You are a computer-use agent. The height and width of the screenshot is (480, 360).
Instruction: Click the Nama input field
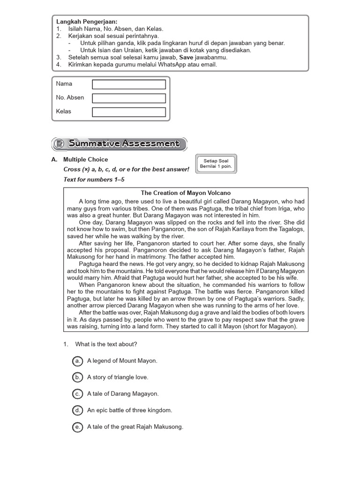tap(129, 84)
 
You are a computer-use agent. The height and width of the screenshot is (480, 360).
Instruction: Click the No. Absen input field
tap(129, 98)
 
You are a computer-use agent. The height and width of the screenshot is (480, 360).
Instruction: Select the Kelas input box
tap(129, 112)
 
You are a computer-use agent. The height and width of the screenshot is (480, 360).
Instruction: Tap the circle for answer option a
tap(77, 360)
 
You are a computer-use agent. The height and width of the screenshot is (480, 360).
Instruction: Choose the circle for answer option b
tap(77, 377)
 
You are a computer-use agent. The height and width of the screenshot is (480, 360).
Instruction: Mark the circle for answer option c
tap(77, 394)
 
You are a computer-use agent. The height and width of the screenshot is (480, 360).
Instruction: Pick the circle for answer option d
tap(77, 410)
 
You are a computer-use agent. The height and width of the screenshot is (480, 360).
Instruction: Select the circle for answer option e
tap(77, 427)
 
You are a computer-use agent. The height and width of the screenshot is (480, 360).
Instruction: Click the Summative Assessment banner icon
tap(59, 144)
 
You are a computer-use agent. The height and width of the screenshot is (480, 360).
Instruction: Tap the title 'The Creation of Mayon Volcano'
tap(186, 193)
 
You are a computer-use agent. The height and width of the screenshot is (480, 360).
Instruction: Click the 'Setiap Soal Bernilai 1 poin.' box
tap(216, 164)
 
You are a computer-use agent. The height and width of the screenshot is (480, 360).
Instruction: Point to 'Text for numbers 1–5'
tap(94, 180)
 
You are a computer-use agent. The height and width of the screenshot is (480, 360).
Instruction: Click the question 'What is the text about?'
tap(106, 344)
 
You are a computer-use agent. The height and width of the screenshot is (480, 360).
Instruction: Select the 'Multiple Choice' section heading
tap(85, 159)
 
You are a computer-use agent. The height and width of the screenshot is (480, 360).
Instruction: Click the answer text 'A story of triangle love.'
tap(118, 377)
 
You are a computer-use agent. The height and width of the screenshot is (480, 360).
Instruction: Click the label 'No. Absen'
tap(70, 97)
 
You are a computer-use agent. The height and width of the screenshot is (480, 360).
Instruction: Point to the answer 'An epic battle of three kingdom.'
tap(130, 410)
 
